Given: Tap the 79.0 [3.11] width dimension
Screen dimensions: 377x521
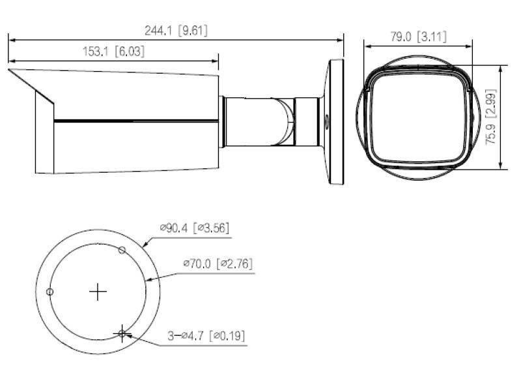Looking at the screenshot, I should (417, 37).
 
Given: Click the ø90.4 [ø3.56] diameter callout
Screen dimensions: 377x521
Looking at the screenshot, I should (194, 228).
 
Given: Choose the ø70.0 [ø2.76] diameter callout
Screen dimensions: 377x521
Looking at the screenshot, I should (218, 264).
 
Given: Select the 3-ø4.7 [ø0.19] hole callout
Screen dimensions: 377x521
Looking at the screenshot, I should (206, 336).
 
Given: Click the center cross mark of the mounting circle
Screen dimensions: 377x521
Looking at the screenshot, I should (98, 292).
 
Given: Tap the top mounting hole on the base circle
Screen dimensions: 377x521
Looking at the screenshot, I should (122, 249).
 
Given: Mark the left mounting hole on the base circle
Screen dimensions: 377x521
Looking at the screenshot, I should (50, 292).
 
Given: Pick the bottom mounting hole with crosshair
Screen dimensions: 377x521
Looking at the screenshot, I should (122, 333).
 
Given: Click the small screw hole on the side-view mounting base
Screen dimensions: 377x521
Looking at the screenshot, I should (327, 121).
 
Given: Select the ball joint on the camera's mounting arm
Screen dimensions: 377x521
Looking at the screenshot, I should (285, 121).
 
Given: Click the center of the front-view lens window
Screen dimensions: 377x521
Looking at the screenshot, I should (417, 117).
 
